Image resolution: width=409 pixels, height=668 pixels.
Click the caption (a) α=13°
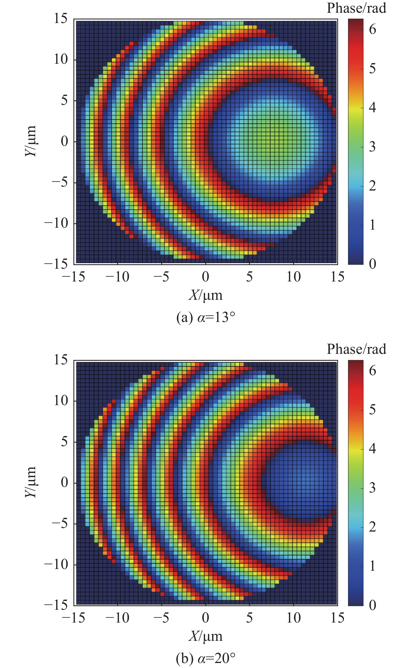(205, 317)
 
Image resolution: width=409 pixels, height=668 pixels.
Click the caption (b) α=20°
(205, 658)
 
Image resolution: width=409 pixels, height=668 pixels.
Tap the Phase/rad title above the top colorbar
(356, 8)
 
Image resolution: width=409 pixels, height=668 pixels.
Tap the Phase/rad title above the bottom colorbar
(356, 349)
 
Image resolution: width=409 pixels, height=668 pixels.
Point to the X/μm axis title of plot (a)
(205, 295)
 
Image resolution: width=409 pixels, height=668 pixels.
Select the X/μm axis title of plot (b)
(205, 636)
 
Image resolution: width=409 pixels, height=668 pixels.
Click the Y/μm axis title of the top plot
(30, 141)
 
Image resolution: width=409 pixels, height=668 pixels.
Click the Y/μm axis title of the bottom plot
(30, 482)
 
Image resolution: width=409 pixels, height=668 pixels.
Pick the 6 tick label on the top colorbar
(372, 29)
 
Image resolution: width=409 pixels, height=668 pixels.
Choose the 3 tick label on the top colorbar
(372, 147)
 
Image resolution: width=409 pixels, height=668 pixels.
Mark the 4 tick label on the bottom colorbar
(372, 448)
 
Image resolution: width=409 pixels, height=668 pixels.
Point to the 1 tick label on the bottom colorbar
(372, 566)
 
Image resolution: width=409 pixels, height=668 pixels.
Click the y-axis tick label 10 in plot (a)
(60, 59)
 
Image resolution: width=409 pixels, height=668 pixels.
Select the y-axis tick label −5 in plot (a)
(60, 182)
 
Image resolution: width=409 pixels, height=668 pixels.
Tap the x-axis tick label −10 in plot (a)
(117, 277)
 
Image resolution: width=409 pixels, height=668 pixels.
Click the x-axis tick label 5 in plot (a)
(249, 277)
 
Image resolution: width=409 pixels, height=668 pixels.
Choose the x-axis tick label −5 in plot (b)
(161, 618)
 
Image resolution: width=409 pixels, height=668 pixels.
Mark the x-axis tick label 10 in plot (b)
(293, 618)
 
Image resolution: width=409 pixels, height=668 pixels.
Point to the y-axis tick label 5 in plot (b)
(64, 441)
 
